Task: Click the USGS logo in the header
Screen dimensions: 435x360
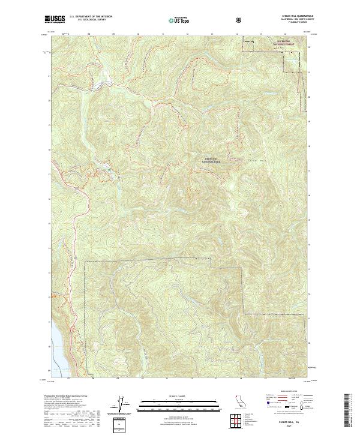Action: click(55, 19)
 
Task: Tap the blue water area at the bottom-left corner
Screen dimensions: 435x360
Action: click(55, 347)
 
